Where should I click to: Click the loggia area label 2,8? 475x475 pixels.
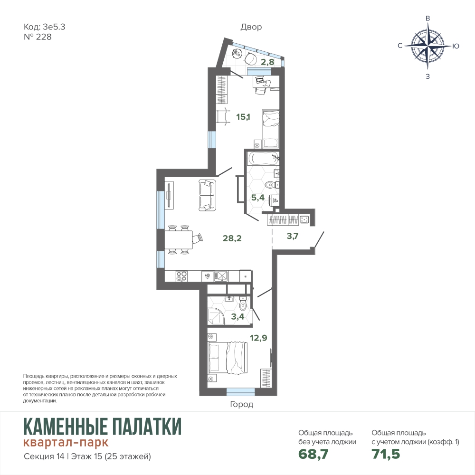pyautogui.click(x=267, y=62)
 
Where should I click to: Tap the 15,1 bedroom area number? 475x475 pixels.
pyautogui.click(x=243, y=117)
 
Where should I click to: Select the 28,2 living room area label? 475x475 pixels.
pyautogui.click(x=232, y=238)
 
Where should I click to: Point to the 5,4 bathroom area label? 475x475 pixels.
pyautogui.click(x=258, y=198)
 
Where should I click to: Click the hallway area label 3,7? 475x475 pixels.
pyautogui.click(x=293, y=236)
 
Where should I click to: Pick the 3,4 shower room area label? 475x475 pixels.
pyautogui.click(x=237, y=317)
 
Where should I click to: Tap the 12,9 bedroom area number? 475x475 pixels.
pyautogui.click(x=258, y=337)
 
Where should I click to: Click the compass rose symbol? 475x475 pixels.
pyautogui.click(x=428, y=46)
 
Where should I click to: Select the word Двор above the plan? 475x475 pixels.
pyautogui.click(x=251, y=27)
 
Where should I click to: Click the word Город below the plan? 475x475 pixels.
pyautogui.click(x=241, y=404)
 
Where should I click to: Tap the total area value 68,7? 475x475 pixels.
pyautogui.click(x=313, y=454)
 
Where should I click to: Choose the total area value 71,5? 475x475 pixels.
pyautogui.click(x=386, y=454)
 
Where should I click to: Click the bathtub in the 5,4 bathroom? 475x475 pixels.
pyautogui.click(x=263, y=159)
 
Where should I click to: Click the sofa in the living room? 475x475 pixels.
pyautogui.click(x=207, y=195)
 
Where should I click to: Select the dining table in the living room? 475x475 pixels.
pyautogui.click(x=179, y=239)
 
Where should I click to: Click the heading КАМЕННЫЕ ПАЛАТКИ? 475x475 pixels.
pyautogui.click(x=103, y=427)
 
